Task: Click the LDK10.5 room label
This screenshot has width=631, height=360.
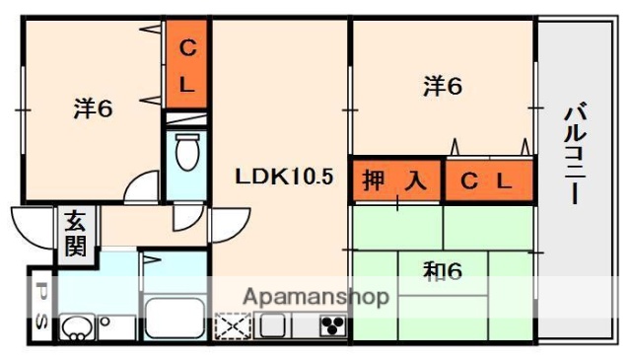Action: point(284,178)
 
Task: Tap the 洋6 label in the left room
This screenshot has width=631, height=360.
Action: point(93,109)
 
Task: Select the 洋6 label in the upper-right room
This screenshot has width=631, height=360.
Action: point(443,87)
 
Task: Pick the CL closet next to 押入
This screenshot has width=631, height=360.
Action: point(487,180)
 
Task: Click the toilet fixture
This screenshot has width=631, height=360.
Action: point(186,153)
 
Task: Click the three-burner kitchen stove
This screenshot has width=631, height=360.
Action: point(330,325)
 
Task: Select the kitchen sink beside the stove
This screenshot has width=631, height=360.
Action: point(273,325)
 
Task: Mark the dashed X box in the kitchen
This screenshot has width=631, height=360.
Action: point(233,326)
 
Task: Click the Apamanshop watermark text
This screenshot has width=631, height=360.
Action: point(315,296)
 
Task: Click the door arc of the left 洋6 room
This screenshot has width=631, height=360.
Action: point(144,187)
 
